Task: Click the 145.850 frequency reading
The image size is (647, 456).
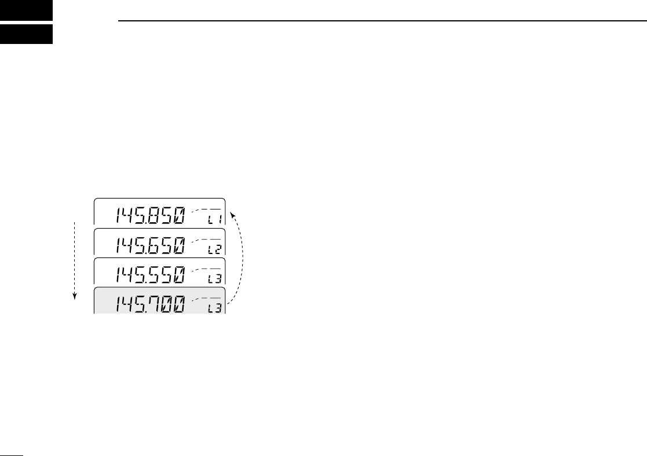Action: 151,216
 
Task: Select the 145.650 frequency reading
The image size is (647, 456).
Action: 151,245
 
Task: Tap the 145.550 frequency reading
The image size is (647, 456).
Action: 151,274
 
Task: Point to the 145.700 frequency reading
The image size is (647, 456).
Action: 151,303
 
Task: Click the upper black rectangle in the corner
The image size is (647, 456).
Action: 27,10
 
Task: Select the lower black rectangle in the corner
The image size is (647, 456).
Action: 27,34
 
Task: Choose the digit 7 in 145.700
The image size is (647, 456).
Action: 154,303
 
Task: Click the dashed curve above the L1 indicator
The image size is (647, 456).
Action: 206,209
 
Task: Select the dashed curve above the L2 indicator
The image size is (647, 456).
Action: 206,238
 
